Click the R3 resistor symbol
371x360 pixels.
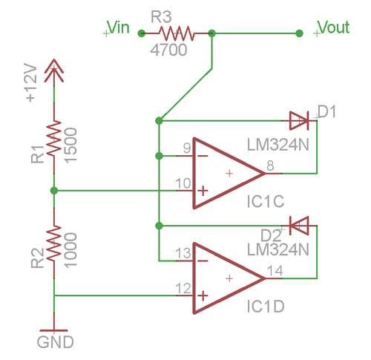coord(176,33)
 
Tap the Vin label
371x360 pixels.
coord(119,27)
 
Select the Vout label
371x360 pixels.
coord(334,27)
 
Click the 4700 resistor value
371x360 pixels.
coord(168,50)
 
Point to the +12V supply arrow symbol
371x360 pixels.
coord(54,71)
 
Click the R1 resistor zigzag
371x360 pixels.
coord(54,138)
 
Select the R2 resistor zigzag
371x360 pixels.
coord(54,243)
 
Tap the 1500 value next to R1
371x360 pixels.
coord(71,145)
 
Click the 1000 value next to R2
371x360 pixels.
coord(71,250)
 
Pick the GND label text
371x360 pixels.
coord(55,342)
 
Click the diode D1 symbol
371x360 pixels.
coord(299,121)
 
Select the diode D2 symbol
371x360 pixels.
coord(299,226)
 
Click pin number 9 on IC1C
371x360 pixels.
coord(187,148)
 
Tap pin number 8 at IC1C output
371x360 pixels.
coord(270,166)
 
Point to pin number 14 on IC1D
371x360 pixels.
coord(275,271)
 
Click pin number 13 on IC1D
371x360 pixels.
coord(183,253)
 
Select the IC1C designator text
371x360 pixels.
coord(266,201)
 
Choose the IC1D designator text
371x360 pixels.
coord(266,306)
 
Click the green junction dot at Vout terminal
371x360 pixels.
coord(299,33)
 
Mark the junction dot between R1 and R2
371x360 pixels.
coord(54,191)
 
